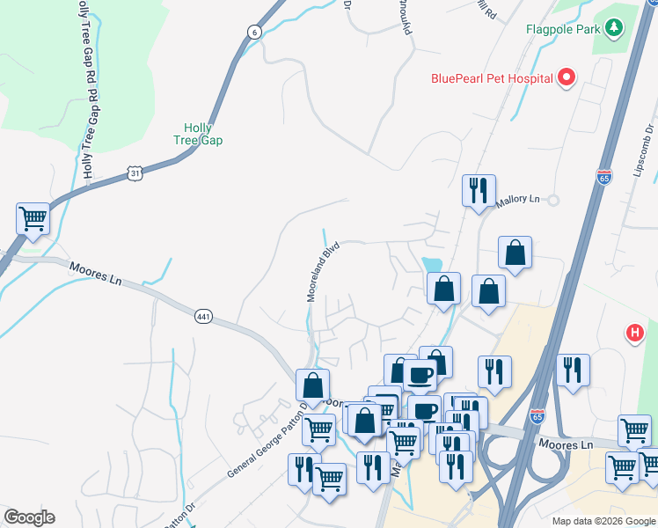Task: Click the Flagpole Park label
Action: coord(562,29)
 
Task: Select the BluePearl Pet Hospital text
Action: coord(491,78)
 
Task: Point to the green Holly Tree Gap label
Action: coord(197,134)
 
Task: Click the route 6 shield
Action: coord(254,32)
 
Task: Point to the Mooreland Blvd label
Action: coord(323,274)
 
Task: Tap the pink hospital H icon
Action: coord(633,333)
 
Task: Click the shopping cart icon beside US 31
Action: coord(33,216)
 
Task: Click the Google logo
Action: coord(29,517)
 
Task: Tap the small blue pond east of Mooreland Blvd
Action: coord(431,264)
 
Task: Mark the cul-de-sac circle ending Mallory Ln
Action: coord(553,200)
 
